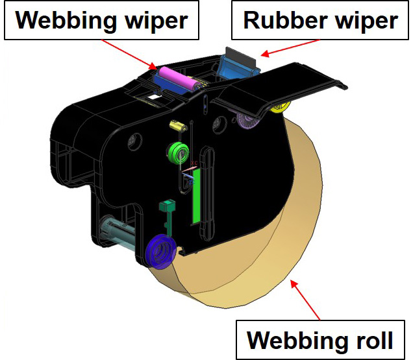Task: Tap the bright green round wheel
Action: [x=177, y=153]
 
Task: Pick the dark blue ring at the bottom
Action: [x=159, y=250]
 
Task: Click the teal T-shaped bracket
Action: [x=167, y=210]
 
